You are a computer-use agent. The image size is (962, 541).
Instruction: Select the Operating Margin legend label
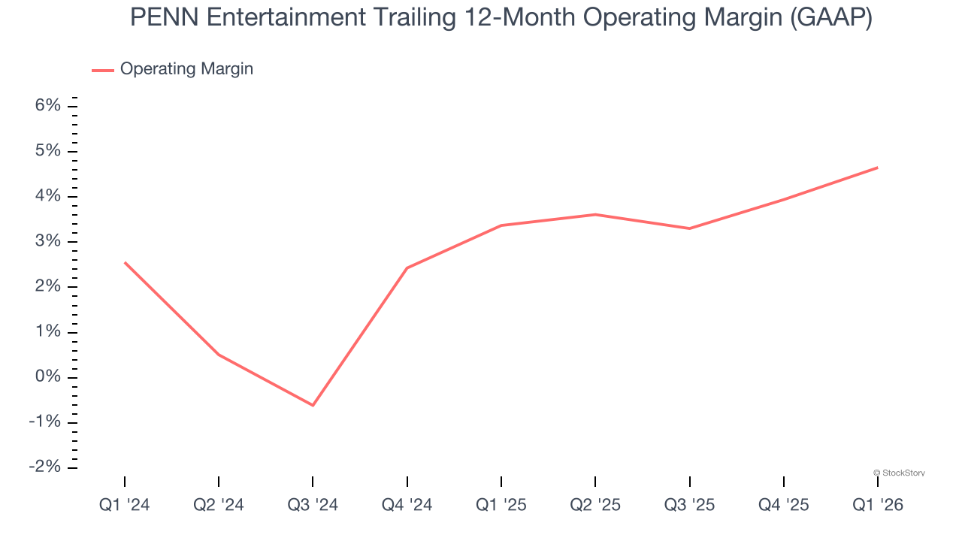pyautogui.click(x=186, y=69)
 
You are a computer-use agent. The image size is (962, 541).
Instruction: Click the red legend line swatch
pyautogui.click(x=103, y=70)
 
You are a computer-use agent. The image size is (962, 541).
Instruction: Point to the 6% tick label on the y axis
pyautogui.click(x=47, y=106)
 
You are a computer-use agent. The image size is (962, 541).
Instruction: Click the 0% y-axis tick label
pyautogui.click(x=47, y=377)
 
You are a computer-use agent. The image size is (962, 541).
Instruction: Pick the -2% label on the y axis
pyautogui.click(x=44, y=467)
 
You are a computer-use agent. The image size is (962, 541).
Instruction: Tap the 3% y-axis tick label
pyautogui.click(x=47, y=242)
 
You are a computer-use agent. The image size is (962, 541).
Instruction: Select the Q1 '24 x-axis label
pyautogui.click(x=125, y=505)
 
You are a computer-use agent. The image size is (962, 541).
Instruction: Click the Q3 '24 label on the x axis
pyautogui.click(x=313, y=505)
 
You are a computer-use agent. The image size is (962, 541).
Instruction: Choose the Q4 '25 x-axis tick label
pyautogui.click(x=784, y=505)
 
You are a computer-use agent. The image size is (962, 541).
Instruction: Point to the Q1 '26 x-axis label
pyautogui.click(x=878, y=505)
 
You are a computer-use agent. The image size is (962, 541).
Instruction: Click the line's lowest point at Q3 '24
pyautogui.click(x=313, y=405)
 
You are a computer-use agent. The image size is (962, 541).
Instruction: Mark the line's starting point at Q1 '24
pyautogui.click(x=125, y=262)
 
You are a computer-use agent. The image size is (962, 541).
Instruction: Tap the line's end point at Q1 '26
pyautogui.click(x=877, y=168)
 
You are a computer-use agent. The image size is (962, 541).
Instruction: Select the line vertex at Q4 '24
pyautogui.click(x=407, y=267)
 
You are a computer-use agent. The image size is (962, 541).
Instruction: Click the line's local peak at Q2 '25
pyautogui.click(x=595, y=214)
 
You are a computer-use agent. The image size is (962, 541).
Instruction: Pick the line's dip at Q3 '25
pyautogui.click(x=689, y=228)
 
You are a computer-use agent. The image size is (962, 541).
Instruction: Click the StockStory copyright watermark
pyautogui.click(x=899, y=473)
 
